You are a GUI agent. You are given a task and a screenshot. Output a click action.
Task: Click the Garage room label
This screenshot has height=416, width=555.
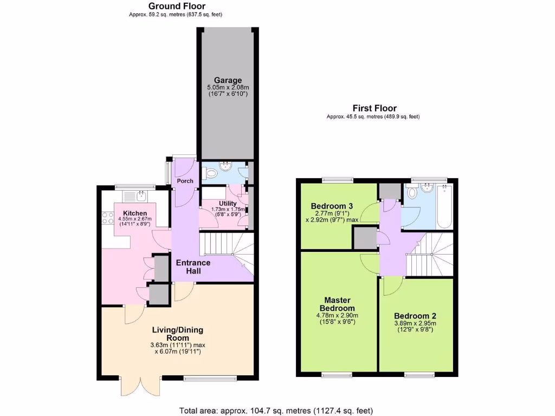pos(227,81)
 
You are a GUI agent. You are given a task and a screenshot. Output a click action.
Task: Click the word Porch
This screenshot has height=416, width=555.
pos(185,181)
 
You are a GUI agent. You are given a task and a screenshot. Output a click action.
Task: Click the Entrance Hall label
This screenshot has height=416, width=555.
pos(193,266)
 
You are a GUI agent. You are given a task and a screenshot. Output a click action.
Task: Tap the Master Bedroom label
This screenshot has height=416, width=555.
pos(337,304)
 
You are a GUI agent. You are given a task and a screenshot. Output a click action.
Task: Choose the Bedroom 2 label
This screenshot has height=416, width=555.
pos(415,316)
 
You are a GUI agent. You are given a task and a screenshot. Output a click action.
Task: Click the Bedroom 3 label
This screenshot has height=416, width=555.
pos(332,206)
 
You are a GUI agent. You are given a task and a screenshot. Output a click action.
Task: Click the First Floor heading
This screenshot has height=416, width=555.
pos(375,108)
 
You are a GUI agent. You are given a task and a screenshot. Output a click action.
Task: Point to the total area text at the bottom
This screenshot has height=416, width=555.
pos(276,411)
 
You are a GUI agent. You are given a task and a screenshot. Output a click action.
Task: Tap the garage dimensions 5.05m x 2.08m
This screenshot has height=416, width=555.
pos(227,88)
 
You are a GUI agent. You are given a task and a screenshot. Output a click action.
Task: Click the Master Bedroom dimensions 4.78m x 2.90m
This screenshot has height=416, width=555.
pos(337,315)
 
